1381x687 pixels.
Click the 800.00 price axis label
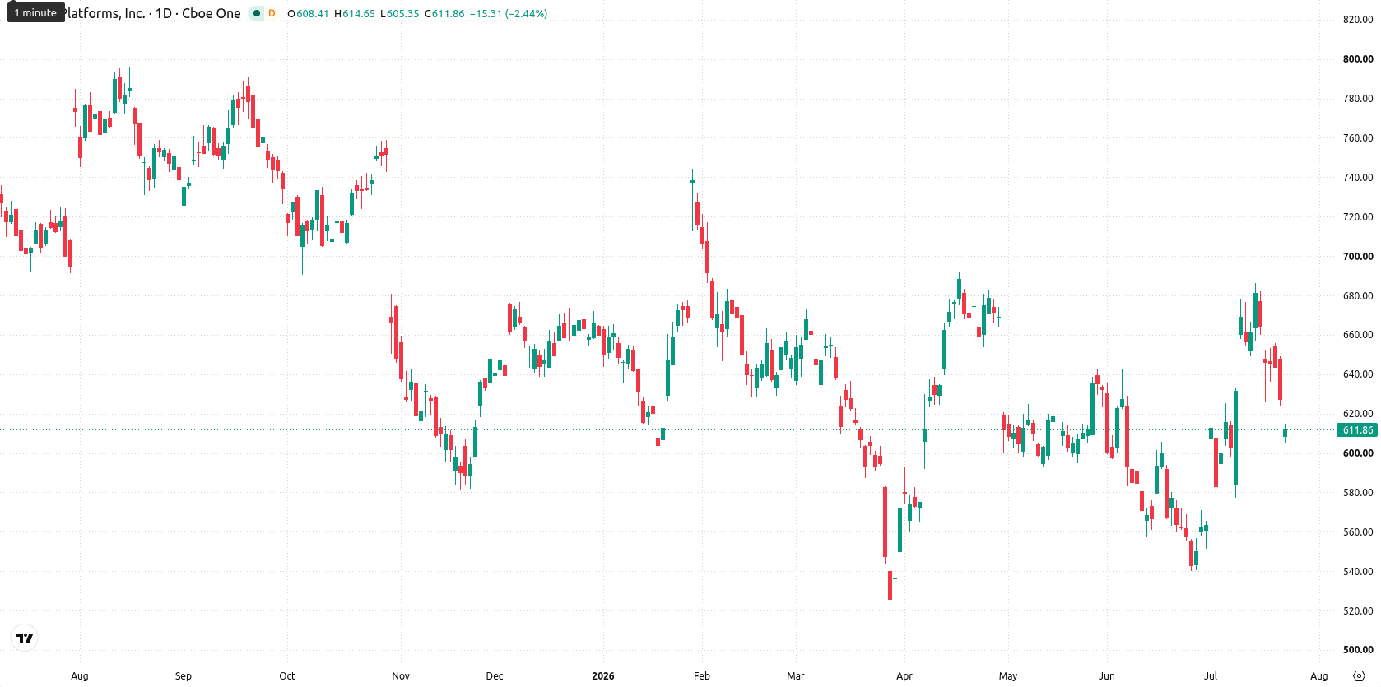click(x=1358, y=59)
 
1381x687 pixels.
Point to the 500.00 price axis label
click(x=1358, y=649)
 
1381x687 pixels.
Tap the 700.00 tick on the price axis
click(x=1358, y=257)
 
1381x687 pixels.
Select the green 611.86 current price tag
click(x=1358, y=430)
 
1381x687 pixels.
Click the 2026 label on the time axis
click(x=603, y=676)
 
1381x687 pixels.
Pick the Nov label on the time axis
click(x=401, y=676)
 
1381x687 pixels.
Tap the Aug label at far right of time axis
click(x=1318, y=676)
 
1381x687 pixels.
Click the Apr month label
click(x=904, y=676)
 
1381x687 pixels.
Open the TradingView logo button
click(x=25, y=638)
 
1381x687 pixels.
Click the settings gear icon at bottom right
click(x=1359, y=676)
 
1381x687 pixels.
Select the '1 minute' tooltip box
click(x=35, y=12)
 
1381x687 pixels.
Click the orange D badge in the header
click(x=272, y=13)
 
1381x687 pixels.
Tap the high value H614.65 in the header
click(x=355, y=13)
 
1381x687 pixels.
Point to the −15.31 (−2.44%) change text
click(x=509, y=13)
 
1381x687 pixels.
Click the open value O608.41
click(x=308, y=13)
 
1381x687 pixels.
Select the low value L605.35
click(x=399, y=13)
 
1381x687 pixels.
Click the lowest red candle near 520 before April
click(x=890, y=585)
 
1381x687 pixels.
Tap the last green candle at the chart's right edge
click(x=1286, y=433)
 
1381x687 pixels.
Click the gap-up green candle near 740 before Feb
click(x=692, y=182)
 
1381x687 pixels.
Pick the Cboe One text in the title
click(x=212, y=13)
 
